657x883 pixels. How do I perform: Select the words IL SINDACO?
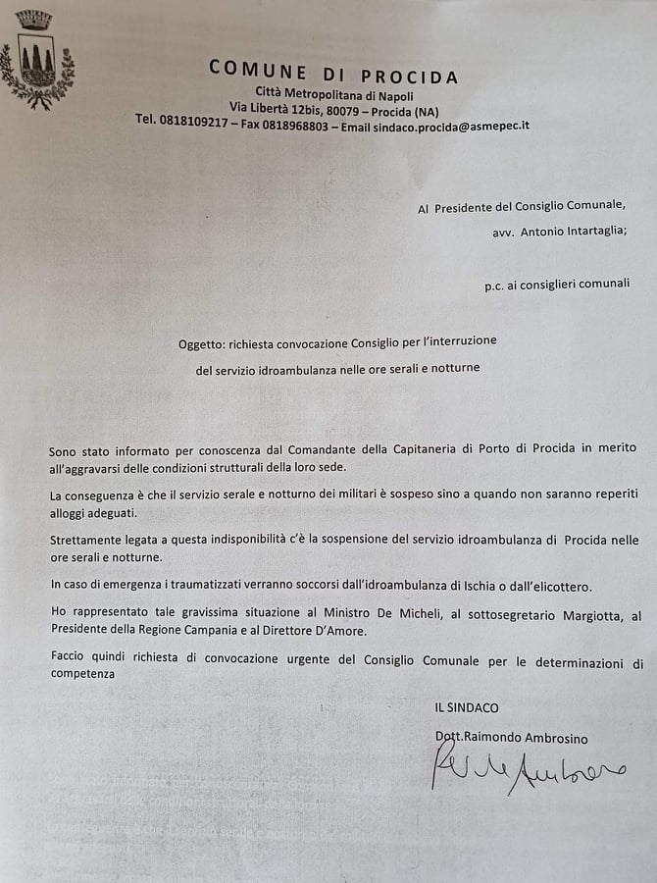coord(467,706)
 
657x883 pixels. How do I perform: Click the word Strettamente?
coord(88,540)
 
